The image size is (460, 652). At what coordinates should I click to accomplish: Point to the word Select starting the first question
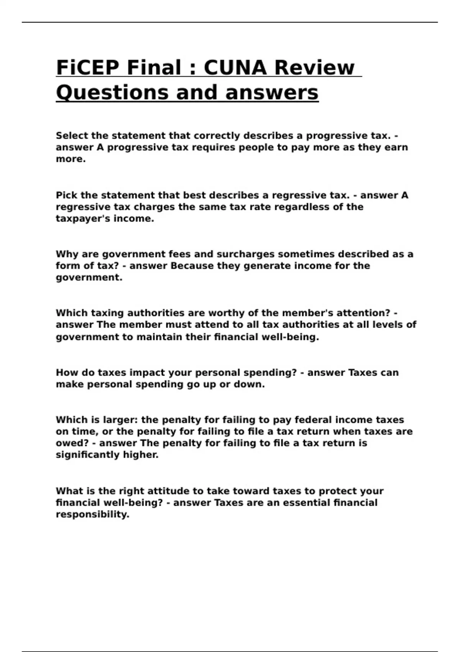[x=72, y=136]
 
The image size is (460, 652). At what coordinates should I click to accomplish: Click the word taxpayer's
[x=78, y=219]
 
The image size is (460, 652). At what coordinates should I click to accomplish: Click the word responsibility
[x=92, y=515]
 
